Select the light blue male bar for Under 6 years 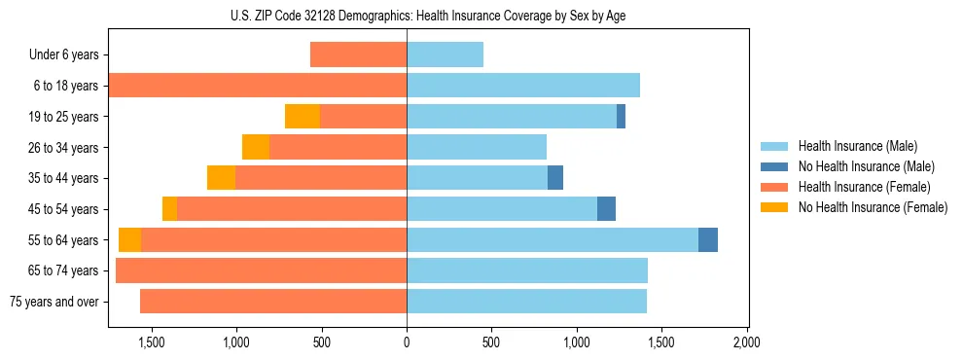(445, 54)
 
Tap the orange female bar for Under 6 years (358, 54)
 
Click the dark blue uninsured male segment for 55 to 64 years (708, 239)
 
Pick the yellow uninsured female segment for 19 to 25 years (303, 117)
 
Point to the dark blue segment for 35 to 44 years (555, 178)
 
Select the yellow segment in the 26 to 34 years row (256, 147)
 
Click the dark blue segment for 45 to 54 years (606, 209)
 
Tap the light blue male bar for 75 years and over (526, 302)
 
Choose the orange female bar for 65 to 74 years (261, 270)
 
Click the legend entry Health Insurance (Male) (857, 146)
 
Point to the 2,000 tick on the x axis (746, 343)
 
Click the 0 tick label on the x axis (407, 343)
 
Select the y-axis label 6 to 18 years (66, 86)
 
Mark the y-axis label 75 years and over (53, 302)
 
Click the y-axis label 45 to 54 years (63, 209)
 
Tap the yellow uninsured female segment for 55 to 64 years (129, 239)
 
